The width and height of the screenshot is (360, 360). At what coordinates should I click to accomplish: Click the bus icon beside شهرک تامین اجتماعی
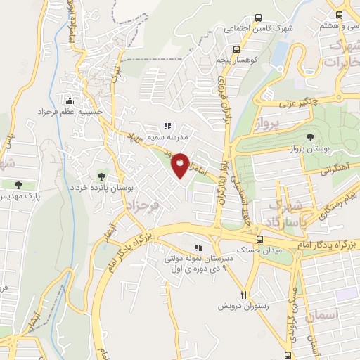(258, 18)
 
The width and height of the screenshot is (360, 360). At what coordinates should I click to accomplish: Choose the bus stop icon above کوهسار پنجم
(236, 49)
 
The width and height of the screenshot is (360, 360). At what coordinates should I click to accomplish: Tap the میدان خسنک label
(258, 250)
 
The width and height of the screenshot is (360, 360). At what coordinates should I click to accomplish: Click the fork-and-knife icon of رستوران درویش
(244, 295)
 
